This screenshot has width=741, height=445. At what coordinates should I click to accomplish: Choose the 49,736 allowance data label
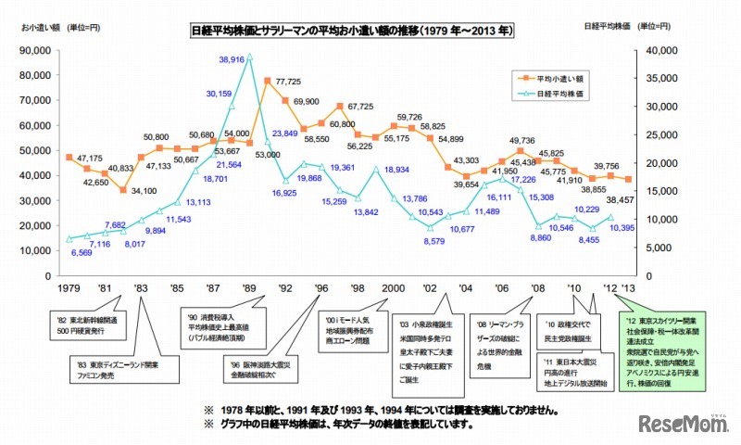tap(521, 141)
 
